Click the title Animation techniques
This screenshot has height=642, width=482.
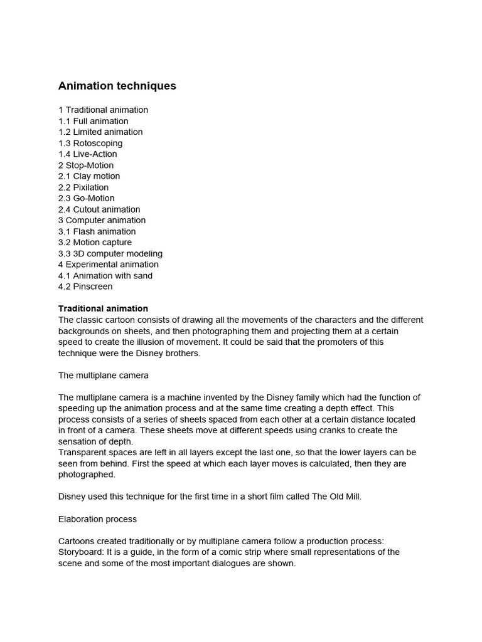117,86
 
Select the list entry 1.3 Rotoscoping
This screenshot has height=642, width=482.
90,143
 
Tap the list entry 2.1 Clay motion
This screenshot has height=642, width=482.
89,176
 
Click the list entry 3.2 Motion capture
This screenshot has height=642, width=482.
95,243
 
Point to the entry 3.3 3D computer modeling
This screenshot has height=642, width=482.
110,253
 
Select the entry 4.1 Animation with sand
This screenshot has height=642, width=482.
105,276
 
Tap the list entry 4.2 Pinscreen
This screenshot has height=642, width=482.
85,287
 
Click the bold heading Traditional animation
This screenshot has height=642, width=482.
103,308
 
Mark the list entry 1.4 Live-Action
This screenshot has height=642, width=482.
87,154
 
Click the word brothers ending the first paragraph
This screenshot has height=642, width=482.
182,353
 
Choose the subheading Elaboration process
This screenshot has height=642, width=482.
97,519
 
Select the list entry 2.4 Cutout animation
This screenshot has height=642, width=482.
99,209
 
